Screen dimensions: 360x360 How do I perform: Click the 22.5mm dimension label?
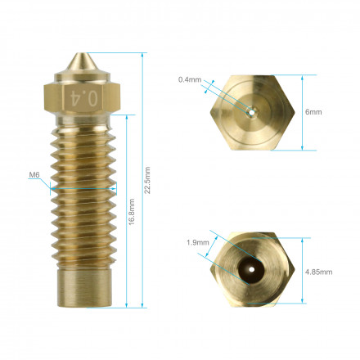coord(147,180)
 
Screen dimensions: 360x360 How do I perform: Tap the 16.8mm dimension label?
coord(132,212)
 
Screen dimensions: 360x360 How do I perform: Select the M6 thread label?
coord(34,175)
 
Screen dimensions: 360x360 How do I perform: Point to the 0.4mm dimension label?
coord(190,79)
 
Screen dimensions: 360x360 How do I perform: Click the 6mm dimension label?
coord(313,112)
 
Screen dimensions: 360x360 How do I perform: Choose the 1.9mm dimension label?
coord(198,242)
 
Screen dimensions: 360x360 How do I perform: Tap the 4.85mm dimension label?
coord(318,272)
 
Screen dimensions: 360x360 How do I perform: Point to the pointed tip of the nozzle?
coord(81,53)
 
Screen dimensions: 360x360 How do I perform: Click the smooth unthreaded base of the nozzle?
coord(85,288)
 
